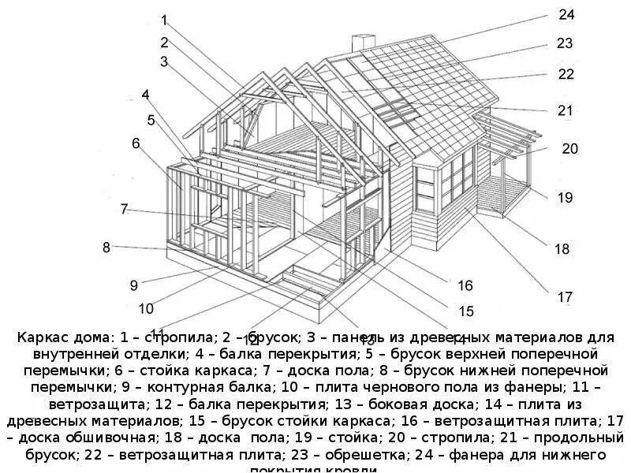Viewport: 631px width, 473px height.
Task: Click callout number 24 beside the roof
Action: click(x=566, y=15)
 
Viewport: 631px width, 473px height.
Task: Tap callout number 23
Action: click(x=564, y=44)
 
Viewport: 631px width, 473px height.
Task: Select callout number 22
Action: click(x=566, y=74)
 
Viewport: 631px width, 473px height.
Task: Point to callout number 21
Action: click(x=565, y=111)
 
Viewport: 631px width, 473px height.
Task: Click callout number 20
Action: click(x=569, y=148)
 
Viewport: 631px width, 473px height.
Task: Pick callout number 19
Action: click(x=565, y=197)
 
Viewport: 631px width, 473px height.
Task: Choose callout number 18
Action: click(x=562, y=249)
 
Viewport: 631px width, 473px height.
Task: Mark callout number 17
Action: click(x=565, y=297)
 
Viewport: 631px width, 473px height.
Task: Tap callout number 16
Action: click(x=465, y=285)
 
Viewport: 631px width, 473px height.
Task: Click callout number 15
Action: click(x=466, y=311)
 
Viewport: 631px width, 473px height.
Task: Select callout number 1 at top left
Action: click(x=164, y=20)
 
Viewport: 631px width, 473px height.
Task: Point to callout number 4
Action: click(x=146, y=95)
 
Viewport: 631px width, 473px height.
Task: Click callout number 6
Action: click(x=136, y=143)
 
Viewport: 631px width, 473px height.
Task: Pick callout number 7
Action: click(x=124, y=209)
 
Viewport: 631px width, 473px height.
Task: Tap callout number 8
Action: click(x=106, y=248)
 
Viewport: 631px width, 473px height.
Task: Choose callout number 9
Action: click(x=134, y=285)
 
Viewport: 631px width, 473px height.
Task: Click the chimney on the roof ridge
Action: click(x=363, y=44)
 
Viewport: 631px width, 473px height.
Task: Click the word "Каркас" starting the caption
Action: click(x=41, y=337)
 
